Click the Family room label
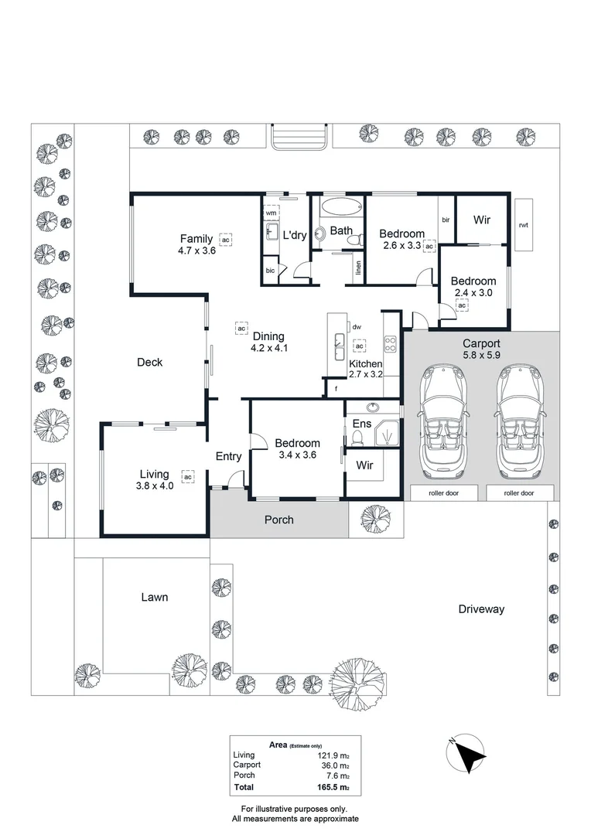click(x=196, y=238)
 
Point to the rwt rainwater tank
click(x=524, y=224)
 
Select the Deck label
click(x=149, y=362)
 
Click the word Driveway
click(x=480, y=609)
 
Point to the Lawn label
click(x=155, y=597)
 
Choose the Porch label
click(x=279, y=520)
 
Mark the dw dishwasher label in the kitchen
click(x=357, y=328)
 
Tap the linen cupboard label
click(x=358, y=268)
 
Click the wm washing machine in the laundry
click(x=272, y=213)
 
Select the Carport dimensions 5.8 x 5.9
click(x=481, y=356)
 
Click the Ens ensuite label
click(x=362, y=424)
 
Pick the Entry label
click(x=228, y=456)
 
